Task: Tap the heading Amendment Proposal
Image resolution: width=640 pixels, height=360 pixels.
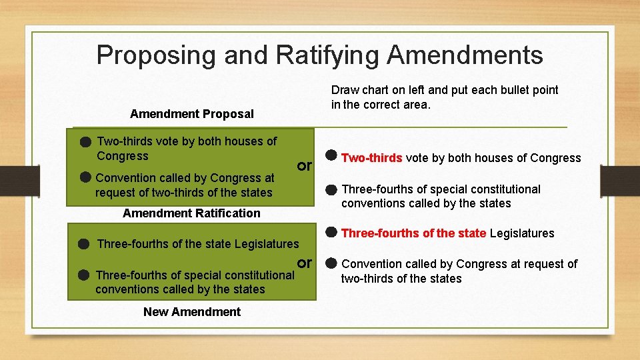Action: pos(192,114)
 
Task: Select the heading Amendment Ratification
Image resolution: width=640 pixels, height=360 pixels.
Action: pos(192,213)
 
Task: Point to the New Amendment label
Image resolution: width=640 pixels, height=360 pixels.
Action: pos(192,312)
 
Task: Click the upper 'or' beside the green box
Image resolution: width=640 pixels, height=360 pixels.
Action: pos(305,165)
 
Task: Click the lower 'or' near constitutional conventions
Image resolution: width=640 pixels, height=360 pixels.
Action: pos(305,263)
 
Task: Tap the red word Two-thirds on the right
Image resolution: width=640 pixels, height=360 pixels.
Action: pos(372,158)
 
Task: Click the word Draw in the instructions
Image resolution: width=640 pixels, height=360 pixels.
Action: pos(345,90)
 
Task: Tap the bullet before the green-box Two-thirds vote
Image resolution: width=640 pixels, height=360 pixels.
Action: pos(85,142)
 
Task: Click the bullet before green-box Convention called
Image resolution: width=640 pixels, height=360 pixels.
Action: pos(85,177)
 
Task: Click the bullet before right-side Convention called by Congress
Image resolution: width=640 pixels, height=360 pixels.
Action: pos(331,263)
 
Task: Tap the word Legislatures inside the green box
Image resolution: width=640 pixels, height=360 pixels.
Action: pos(267,244)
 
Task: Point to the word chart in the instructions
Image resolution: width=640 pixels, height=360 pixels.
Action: pos(375,90)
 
